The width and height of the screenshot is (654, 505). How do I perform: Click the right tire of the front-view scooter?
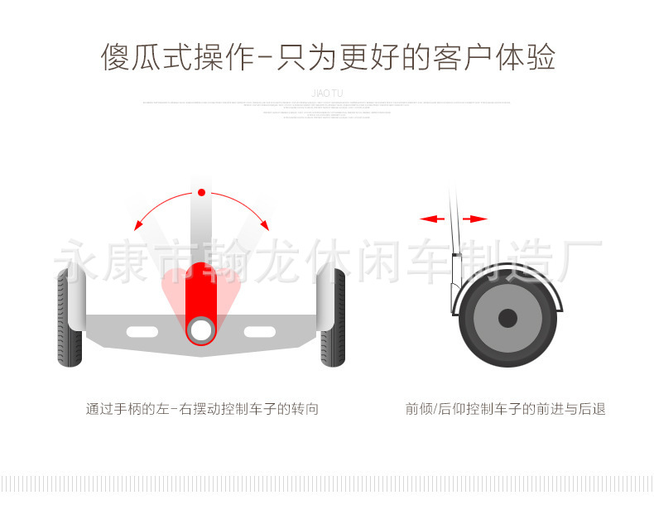[x=333, y=318]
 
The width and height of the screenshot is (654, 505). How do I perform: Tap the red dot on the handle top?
[x=201, y=193]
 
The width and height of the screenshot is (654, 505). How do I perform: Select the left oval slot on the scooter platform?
[x=142, y=331]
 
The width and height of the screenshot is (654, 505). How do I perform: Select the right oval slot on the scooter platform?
[x=259, y=331]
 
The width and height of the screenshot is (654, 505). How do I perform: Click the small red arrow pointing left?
[x=431, y=219]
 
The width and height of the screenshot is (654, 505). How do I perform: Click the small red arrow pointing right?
[x=476, y=219]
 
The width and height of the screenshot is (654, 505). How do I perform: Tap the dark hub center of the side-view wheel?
[x=507, y=318]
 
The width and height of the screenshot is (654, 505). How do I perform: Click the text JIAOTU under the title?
[x=327, y=94]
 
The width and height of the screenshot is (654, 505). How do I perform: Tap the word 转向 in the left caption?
[x=305, y=409]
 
